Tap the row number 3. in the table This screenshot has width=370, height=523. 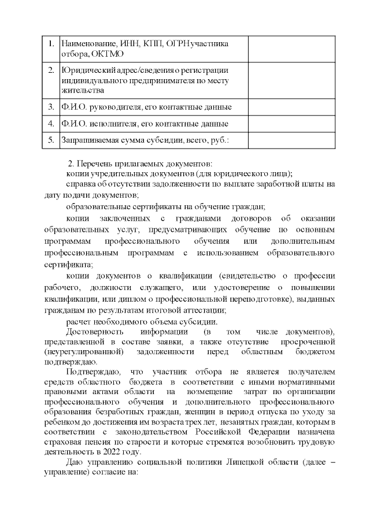pyautogui.click(x=50, y=107)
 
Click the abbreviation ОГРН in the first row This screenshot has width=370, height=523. pyautogui.click(x=180, y=43)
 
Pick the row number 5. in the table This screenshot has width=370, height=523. pyautogui.click(x=50, y=140)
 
